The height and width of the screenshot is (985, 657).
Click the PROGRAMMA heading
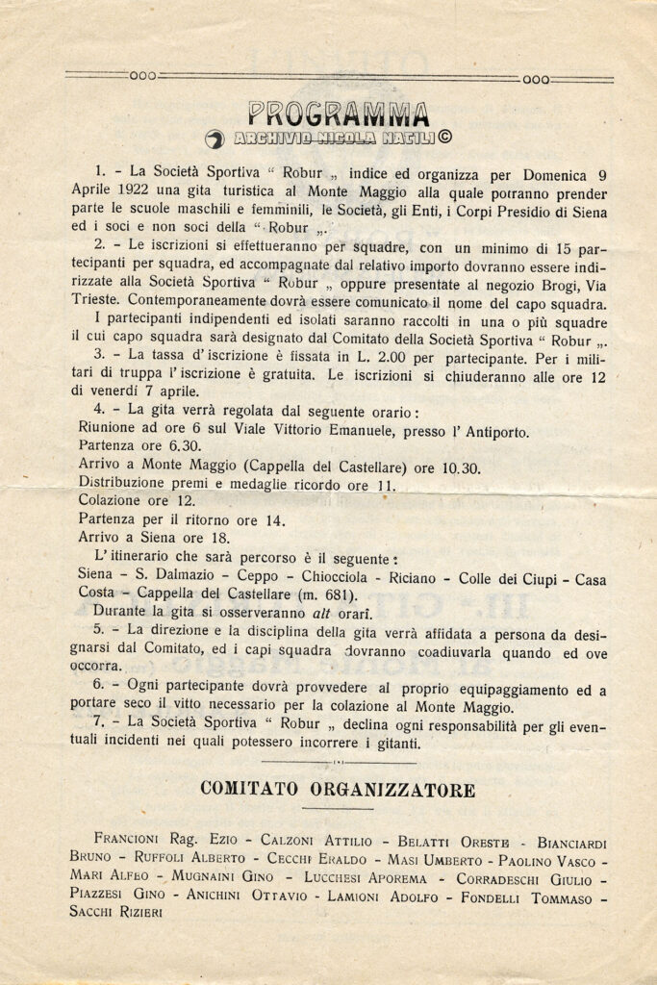click(338, 114)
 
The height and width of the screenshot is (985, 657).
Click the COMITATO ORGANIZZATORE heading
click(338, 791)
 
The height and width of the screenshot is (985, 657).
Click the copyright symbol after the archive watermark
click(445, 138)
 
